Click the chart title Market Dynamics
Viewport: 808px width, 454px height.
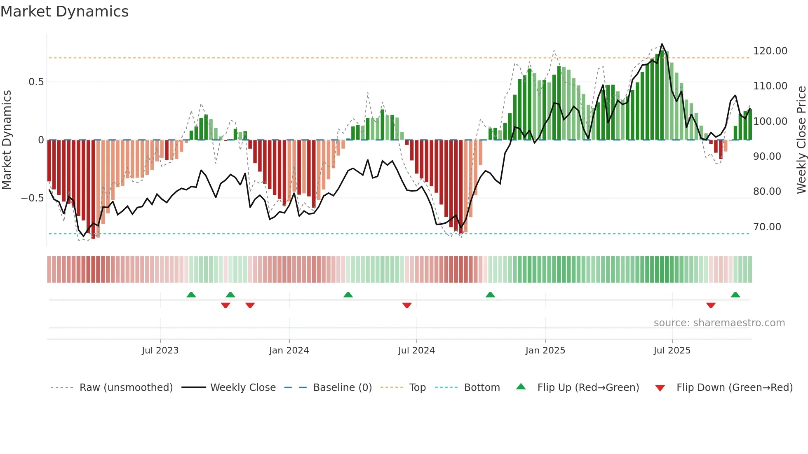(65, 12)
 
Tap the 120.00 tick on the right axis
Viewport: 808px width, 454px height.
(770, 51)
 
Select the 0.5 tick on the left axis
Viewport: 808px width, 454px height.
(36, 82)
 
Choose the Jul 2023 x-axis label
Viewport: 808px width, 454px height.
(160, 351)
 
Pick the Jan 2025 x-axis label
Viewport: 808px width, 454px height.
(545, 351)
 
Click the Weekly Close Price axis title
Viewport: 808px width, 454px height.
(801, 140)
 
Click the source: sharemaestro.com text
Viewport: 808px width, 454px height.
(719, 323)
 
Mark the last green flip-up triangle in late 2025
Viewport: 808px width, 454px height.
(735, 295)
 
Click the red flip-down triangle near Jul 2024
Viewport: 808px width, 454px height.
(407, 305)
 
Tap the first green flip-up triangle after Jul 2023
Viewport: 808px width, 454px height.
(191, 295)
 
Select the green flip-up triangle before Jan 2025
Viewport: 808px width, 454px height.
(490, 295)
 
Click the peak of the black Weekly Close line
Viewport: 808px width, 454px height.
(662, 44)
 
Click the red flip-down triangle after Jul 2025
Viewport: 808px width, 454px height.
(711, 305)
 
